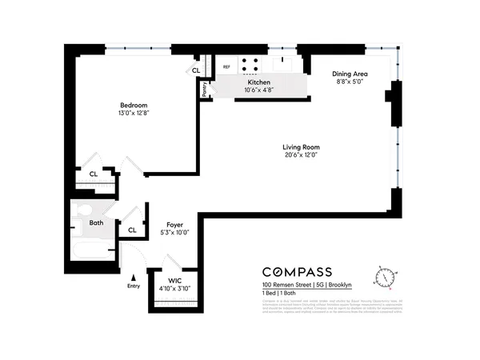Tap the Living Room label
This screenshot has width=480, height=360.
pos(301,146)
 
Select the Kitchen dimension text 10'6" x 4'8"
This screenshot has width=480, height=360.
pos(258,90)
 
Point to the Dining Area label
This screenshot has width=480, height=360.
pos(350,74)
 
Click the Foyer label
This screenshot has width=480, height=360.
pos(175,225)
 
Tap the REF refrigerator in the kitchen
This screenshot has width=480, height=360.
pos(226,67)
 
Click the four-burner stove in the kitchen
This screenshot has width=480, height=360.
pos(250,65)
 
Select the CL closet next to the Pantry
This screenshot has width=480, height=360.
pos(195,70)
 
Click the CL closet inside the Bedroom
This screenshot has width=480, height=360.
pos(94,174)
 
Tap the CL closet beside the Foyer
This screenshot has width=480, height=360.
pos(132,230)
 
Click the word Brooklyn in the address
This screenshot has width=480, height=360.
pos(341,286)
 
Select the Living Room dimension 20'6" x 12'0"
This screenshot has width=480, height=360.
pos(301,155)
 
